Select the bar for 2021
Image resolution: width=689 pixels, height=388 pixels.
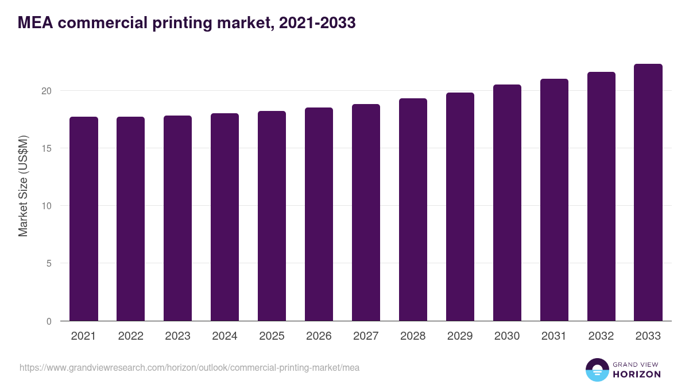pyautogui.click(x=84, y=218)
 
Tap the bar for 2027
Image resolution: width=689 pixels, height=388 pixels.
pyautogui.click(x=366, y=212)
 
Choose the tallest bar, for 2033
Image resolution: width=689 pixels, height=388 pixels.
pyautogui.click(x=648, y=192)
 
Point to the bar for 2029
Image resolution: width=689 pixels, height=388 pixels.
pyautogui.click(x=460, y=206)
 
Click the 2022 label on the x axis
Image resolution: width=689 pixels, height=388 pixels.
pyautogui.click(x=131, y=336)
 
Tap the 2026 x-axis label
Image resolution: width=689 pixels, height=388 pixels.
pyautogui.click(x=319, y=336)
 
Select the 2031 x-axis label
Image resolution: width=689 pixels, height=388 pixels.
pyautogui.click(x=554, y=336)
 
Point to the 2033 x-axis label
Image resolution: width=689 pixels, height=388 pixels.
pyautogui.click(x=648, y=336)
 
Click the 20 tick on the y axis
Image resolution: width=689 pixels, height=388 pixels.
pyautogui.click(x=47, y=91)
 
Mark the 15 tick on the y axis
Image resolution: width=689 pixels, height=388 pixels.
pyautogui.click(x=47, y=148)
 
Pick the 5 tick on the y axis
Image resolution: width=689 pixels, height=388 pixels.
pyautogui.click(x=49, y=263)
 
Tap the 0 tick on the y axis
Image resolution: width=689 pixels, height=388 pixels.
pyautogui.click(x=49, y=321)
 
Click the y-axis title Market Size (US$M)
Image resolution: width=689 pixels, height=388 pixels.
pyautogui.click(x=23, y=186)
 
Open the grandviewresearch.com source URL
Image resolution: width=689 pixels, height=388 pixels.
pyautogui.click(x=189, y=367)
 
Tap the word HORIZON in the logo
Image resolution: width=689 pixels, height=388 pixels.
pyautogui.click(x=637, y=374)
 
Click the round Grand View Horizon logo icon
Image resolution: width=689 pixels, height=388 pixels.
pyautogui.click(x=597, y=370)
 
